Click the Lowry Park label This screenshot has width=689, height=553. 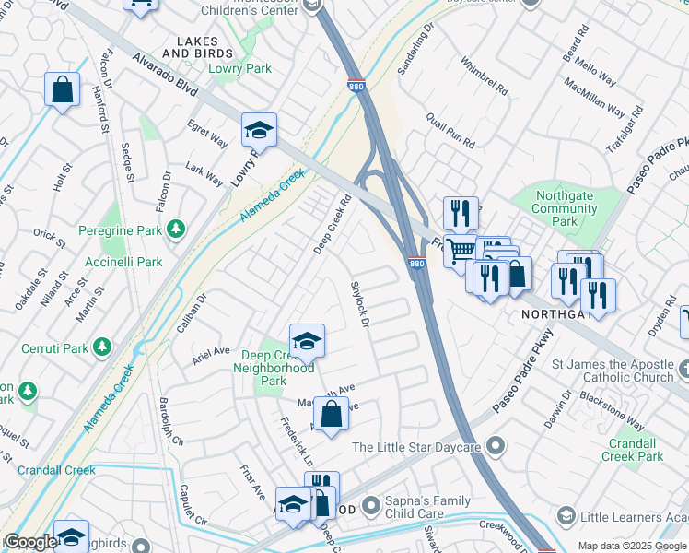click(x=239, y=68)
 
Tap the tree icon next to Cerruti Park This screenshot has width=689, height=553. click(x=103, y=347)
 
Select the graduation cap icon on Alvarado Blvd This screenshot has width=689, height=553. click(x=259, y=130)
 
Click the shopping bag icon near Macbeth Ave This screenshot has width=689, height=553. click(x=331, y=413)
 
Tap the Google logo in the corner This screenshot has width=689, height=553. click(x=30, y=542)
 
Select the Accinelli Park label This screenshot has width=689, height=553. click(x=132, y=263)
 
